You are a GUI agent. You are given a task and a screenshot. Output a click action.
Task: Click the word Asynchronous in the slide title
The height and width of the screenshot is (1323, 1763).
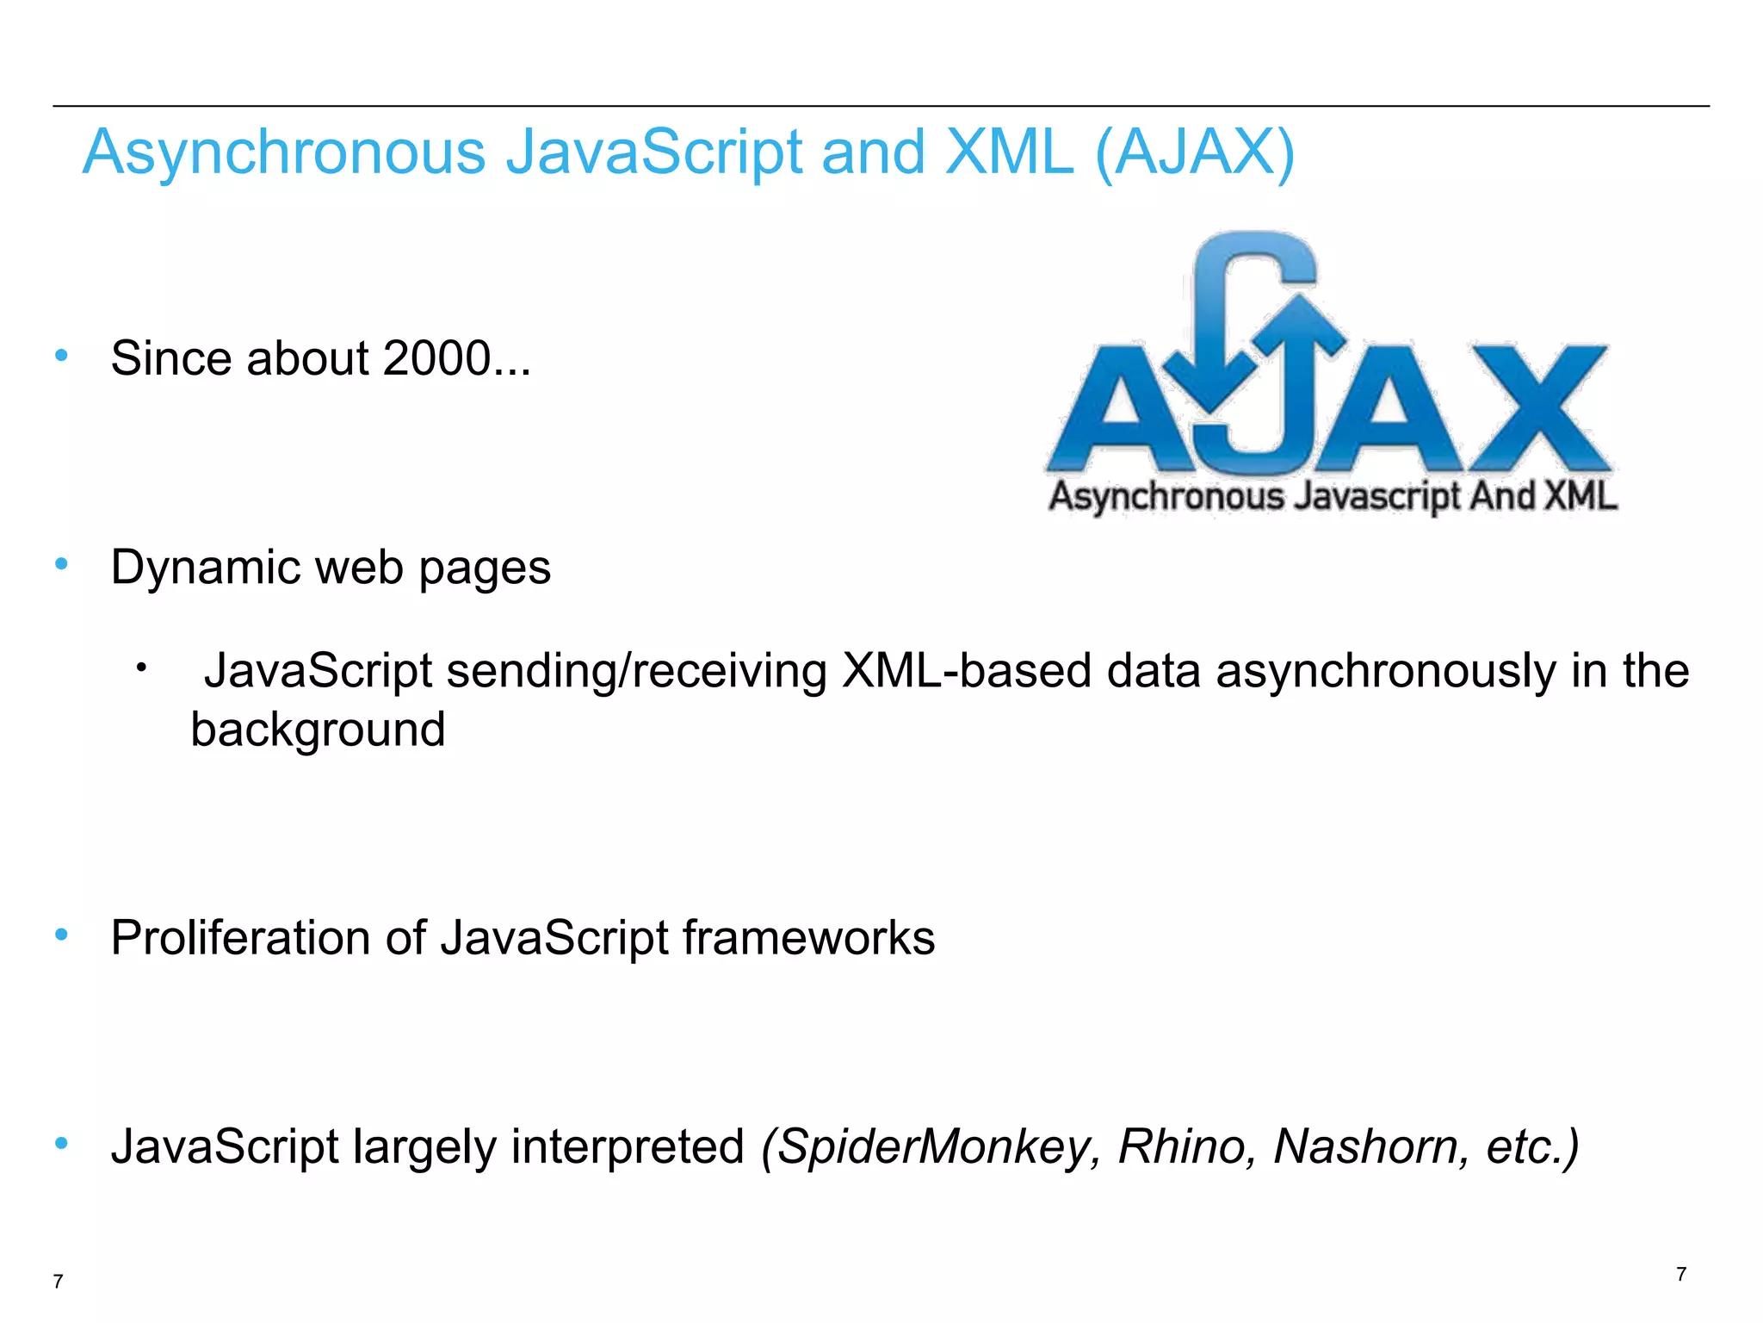284,153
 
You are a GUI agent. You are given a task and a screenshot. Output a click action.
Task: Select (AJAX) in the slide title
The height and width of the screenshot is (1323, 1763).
1195,153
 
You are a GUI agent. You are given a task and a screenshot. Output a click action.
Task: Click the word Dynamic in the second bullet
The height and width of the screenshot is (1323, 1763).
205,568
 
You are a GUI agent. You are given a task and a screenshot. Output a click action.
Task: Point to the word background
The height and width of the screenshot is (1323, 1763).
318,730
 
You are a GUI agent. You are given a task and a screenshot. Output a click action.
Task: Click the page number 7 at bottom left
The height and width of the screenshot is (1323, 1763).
58,1282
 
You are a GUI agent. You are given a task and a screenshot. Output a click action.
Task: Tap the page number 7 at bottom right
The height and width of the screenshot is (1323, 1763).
1681,1274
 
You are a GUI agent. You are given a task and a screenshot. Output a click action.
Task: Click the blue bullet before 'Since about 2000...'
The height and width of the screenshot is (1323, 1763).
61,355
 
